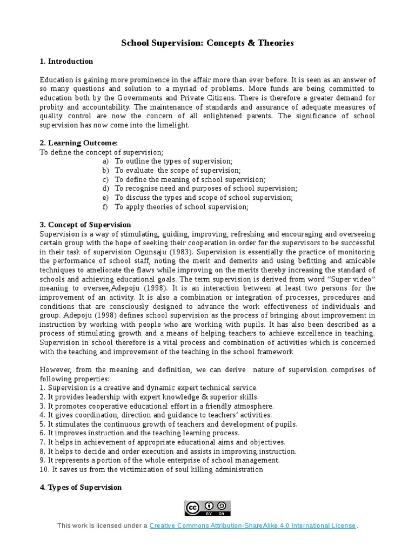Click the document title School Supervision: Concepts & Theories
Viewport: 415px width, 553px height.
207,43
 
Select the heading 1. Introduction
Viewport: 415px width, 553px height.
66,61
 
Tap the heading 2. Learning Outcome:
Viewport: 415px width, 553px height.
79,143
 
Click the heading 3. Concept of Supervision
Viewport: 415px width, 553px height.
85,225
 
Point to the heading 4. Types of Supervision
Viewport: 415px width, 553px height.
81,487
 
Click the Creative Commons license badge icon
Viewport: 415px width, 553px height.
207,508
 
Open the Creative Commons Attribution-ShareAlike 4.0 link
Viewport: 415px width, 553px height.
253,525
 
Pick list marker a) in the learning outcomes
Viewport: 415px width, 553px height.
105,161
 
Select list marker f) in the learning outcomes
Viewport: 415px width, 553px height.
105,207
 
